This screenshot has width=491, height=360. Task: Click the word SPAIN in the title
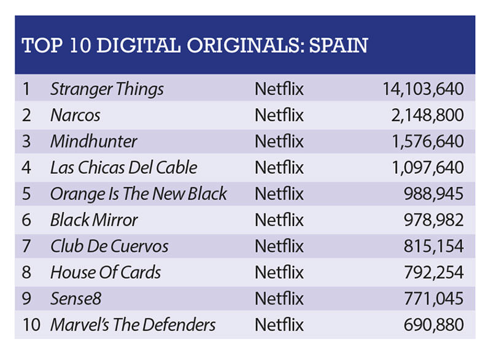[339, 45]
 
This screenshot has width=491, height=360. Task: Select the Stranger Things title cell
[107, 89]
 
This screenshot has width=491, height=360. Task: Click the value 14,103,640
[423, 89]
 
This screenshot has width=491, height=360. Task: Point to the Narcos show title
[75, 115]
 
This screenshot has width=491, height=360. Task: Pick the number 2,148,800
[427, 115]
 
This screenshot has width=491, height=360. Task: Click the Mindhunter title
[94, 141]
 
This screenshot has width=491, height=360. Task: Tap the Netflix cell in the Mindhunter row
[279, 141]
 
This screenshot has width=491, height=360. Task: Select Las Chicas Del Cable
[124, 168]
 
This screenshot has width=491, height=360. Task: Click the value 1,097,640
[428, 168]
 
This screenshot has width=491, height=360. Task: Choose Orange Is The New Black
[139, 194]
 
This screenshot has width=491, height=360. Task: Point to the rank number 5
[26, 194]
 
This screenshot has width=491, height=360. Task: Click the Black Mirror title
[94, 220]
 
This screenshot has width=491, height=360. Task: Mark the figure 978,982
[434, 220]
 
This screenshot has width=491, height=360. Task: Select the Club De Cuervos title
[109, 246]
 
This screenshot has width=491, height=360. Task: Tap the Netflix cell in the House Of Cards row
[279, 272]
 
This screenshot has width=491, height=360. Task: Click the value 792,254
[434, 272]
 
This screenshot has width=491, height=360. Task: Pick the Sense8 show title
[75, 299]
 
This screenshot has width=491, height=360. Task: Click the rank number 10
[31, 325]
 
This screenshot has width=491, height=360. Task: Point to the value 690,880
[434, 325]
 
